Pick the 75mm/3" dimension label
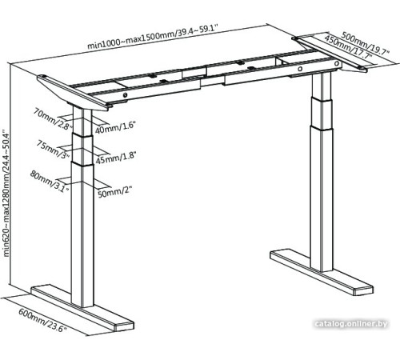coord(52,146)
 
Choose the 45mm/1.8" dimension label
coord(114,158)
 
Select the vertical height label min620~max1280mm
coord(7,191)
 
